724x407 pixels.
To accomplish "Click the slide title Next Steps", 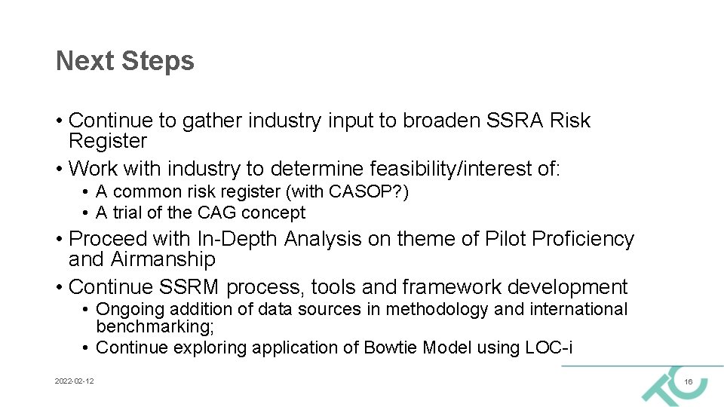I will tap(125, 61).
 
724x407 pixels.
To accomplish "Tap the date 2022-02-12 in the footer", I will tap(74, 382).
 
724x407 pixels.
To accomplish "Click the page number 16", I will tap(688, 383).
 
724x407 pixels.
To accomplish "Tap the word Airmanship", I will tap(164, 259).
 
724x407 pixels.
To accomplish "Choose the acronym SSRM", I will tap(189, 287).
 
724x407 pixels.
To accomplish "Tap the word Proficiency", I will tap(583, 239).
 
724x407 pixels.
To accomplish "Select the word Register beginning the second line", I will tap(108, 141).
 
